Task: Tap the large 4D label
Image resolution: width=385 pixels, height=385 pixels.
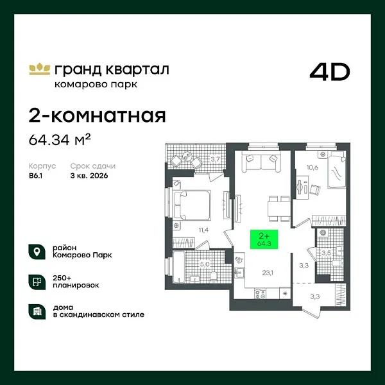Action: pyautogui.click(x=330, y=72)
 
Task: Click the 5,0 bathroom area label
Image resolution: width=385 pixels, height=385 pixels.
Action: pyautogui.click(x=203, y=263)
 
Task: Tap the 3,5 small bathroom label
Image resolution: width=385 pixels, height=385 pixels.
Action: pyautogui.click(x=326, y=253)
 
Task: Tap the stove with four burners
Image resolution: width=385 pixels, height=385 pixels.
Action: pyautogui.click(x=261, y=293)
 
